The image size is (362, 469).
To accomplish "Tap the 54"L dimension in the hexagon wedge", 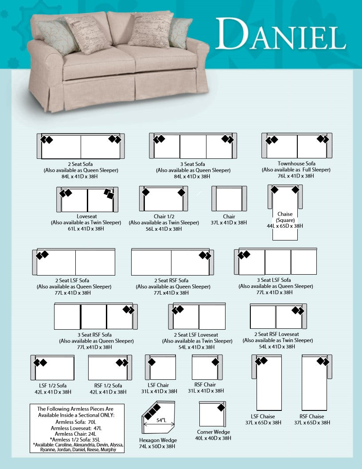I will (x=160, y=420).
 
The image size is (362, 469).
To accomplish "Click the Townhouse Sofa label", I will (x=296, y=164).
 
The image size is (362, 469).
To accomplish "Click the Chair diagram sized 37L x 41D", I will (x=229, y=199).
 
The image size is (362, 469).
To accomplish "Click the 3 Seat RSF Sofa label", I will (x=94, y=335).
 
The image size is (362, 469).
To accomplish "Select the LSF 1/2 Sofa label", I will (x=53, y=386).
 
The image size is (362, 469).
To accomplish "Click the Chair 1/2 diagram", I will (x=163, y=199).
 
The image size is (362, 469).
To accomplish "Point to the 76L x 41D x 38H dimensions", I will (x=296, y=176).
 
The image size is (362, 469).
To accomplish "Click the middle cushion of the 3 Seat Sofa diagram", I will (x=193, y=146).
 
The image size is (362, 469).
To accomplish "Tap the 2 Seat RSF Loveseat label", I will (x=276, y=334).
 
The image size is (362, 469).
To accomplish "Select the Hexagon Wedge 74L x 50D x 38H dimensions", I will (x=159, y=446).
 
